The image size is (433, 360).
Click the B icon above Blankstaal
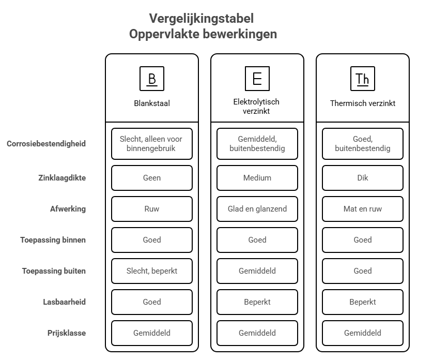152,79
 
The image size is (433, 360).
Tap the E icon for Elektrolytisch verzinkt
257,79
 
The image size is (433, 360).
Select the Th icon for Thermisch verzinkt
363,79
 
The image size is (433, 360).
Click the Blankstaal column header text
152,103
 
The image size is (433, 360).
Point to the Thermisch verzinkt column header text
363,103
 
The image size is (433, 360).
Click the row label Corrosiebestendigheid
47,144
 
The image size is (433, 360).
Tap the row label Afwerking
68,209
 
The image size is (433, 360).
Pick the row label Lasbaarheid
64,302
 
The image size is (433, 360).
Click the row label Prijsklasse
67,333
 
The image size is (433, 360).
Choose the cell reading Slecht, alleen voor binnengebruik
152,144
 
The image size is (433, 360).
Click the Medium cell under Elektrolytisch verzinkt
257,178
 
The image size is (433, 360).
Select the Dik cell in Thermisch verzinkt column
363,178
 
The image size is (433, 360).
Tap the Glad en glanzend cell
257,209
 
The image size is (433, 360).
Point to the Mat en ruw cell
363,209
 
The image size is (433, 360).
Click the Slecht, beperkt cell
152,271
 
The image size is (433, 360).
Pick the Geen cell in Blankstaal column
152,178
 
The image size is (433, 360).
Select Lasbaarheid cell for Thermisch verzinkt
363,302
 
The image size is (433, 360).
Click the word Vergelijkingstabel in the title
202,19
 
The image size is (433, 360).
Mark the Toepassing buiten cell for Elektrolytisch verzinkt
257,271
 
